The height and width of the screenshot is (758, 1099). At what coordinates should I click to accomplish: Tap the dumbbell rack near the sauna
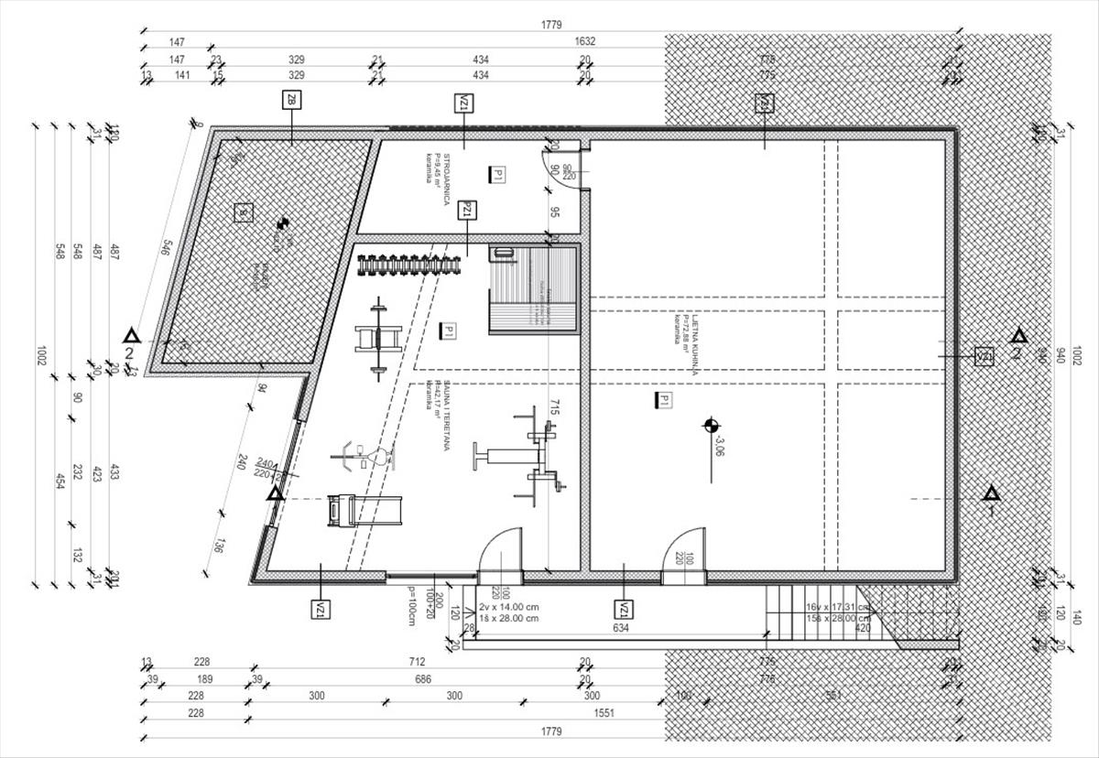coord(408,265)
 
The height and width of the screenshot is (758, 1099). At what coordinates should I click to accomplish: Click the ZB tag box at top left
coord(292,100)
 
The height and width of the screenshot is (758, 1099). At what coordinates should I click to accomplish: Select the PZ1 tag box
coord(467,210)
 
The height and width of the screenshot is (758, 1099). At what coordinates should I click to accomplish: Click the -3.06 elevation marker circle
coord(710,425)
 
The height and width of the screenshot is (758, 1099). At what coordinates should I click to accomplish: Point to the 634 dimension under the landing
coord(621,629)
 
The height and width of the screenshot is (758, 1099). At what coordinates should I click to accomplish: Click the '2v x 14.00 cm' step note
coord(508,607)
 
